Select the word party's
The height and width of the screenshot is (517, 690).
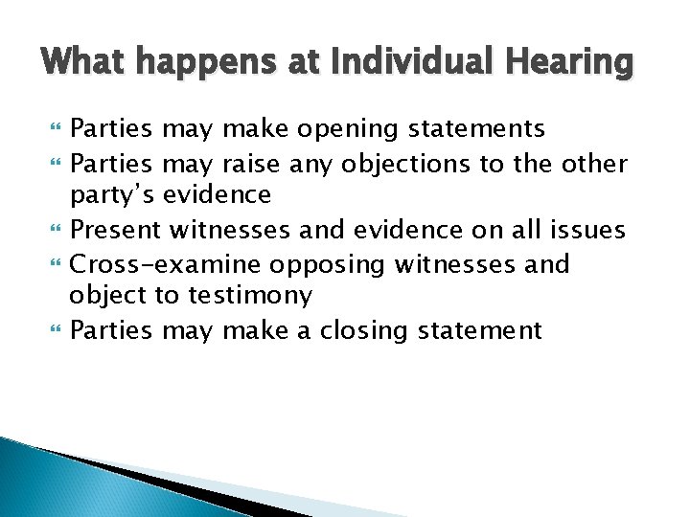[x=111, y=195]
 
